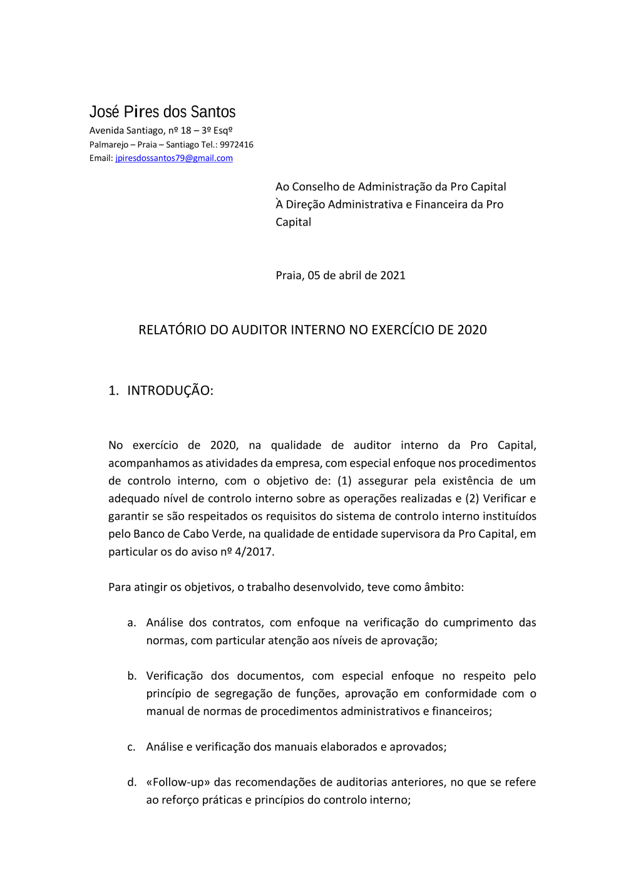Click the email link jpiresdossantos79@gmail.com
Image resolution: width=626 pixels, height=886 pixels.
click(173, 158)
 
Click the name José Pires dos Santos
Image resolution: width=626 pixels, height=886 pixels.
click(162, 112)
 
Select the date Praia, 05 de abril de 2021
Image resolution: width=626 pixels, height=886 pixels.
click(341, 276)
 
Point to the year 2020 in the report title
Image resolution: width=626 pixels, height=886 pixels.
click(471, 330)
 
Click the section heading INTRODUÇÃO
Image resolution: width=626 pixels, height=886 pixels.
click(170, 391)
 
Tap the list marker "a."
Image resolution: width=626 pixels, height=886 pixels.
click(131, 623)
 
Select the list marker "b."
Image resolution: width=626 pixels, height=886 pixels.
click(131, 676)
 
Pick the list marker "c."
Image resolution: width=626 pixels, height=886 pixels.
click(131, 747)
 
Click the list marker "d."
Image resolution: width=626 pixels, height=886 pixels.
click(131, 783)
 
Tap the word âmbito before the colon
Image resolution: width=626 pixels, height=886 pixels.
click(442, 587)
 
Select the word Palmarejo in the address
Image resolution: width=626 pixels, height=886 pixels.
click(108, 145)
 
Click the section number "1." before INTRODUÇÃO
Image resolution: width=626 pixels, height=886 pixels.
click(113, 391)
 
